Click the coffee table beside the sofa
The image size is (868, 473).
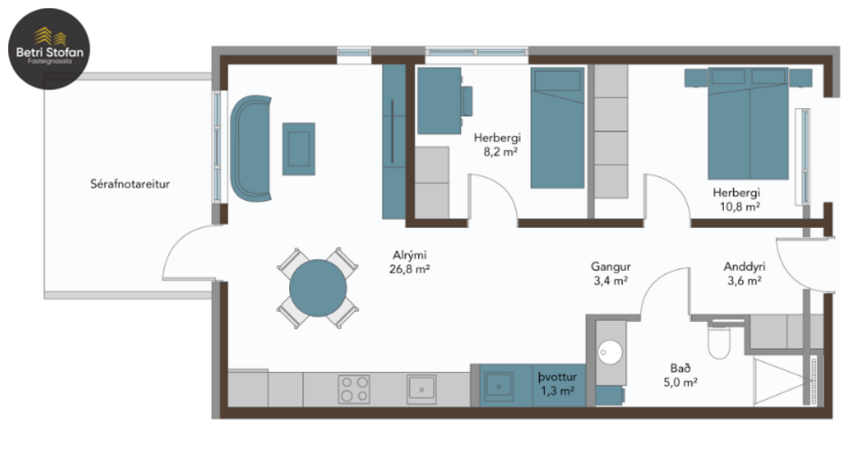click(299, 148)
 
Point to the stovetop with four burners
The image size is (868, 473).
click(354, 389)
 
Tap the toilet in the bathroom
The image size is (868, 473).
click(719, 341)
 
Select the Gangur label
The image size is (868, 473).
click(611, 266)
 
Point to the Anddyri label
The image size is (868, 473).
click(742, 266)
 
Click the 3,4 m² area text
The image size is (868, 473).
click(611, 281)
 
